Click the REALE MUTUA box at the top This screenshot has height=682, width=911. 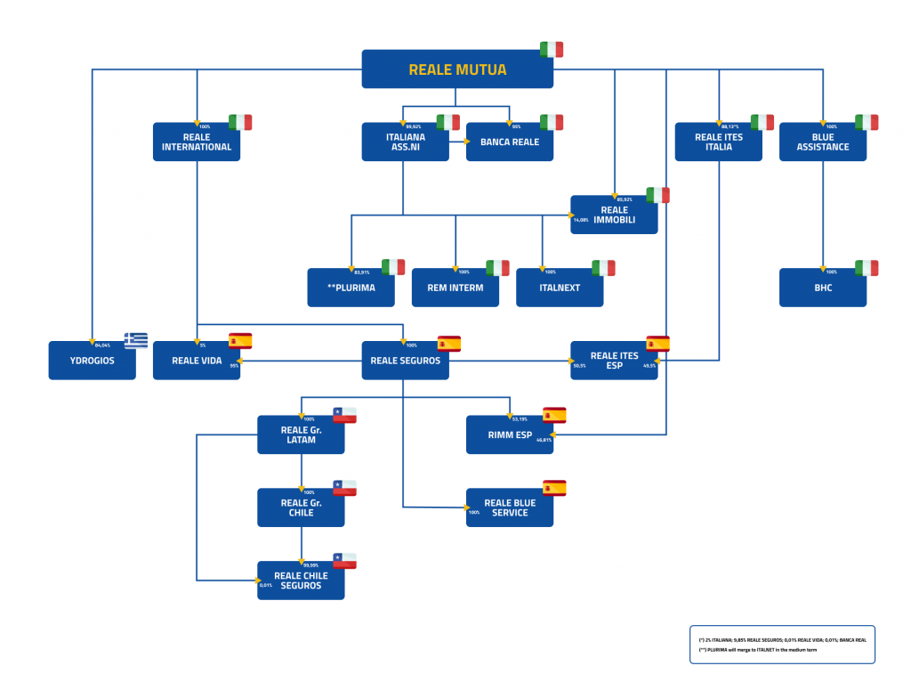pyautogui.click(x=457, y=69)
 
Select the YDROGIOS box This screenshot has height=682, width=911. pyautogui.click(x=93, y=361)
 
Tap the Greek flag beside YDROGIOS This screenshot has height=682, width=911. pyautogui.click(x=136, y=340)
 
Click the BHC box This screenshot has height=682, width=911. pyautogui.click(x=823, y=288)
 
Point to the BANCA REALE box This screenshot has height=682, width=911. pyautogui.click(x=510, y=142)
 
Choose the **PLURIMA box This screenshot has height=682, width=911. pyautogui.click(x=351, y=288)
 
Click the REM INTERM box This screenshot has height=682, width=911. pyautogui.click(x=455, y=288)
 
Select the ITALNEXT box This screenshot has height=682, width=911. pyautogui.click(x=560, y=288)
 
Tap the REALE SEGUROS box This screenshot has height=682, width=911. pyautogui.click(x=405, y=361)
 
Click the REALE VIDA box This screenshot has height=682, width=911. pyautogui.click(x=197, y=361)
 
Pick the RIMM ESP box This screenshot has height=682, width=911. pyautogui.click(x=510, y=434)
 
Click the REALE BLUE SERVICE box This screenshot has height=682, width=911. pyautogui.click(x=510, y=507)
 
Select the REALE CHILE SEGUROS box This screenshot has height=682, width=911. pyautogui.click(x=301, y=581)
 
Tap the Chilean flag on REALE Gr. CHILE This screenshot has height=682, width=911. pyautogui.click(x=344, y=488)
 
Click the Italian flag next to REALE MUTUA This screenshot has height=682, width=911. pyautogui.click(x=552, y=50)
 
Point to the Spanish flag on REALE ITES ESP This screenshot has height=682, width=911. pyautogui.click(x=657, y=344)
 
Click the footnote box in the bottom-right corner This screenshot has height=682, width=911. pyautogui.click(x=782, y=645)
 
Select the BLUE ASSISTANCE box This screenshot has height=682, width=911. pyautogui.click(x=823, y=142)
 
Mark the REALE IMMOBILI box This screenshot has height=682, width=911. pyautogui.click(x=614, y=215)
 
